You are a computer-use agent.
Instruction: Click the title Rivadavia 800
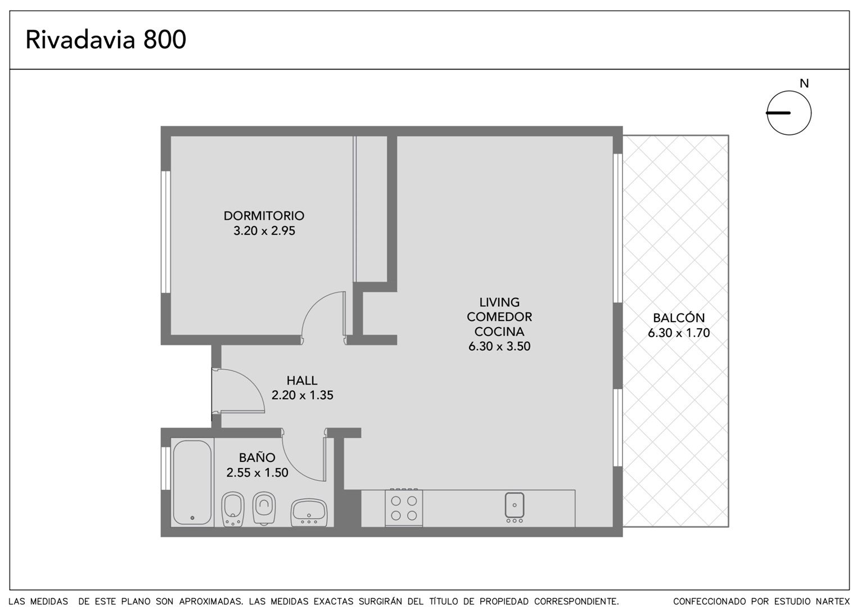pos(106,39)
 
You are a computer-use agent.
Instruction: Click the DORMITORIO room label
pos(264,215)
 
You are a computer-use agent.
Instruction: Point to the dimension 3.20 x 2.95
pos(264,231)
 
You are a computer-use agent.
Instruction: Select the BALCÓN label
pos(679,318)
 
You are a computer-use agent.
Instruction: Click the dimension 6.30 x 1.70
pos(679,333)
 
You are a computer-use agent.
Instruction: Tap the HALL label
pos(302,380)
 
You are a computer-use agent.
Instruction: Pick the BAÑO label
pos(257,457)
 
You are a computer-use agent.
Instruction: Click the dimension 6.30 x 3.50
pos(499,346)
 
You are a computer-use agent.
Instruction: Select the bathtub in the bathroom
pos(192,482)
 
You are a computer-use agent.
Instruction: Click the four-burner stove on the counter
pos(404,508)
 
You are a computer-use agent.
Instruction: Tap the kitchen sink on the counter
pos(514,506)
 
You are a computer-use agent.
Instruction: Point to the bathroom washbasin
pos(309,513)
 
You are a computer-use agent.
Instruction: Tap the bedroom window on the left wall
pos(166,232)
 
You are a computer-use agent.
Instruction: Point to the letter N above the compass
pos(804,83)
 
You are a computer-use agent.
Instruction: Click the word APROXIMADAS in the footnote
pos(211,601)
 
